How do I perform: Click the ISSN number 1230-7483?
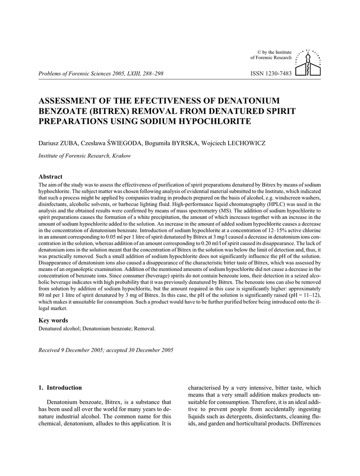270,74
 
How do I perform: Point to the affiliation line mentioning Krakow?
84,156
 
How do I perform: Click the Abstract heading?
50,177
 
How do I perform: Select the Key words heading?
53,320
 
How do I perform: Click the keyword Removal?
145,328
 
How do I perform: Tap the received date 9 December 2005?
82,350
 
